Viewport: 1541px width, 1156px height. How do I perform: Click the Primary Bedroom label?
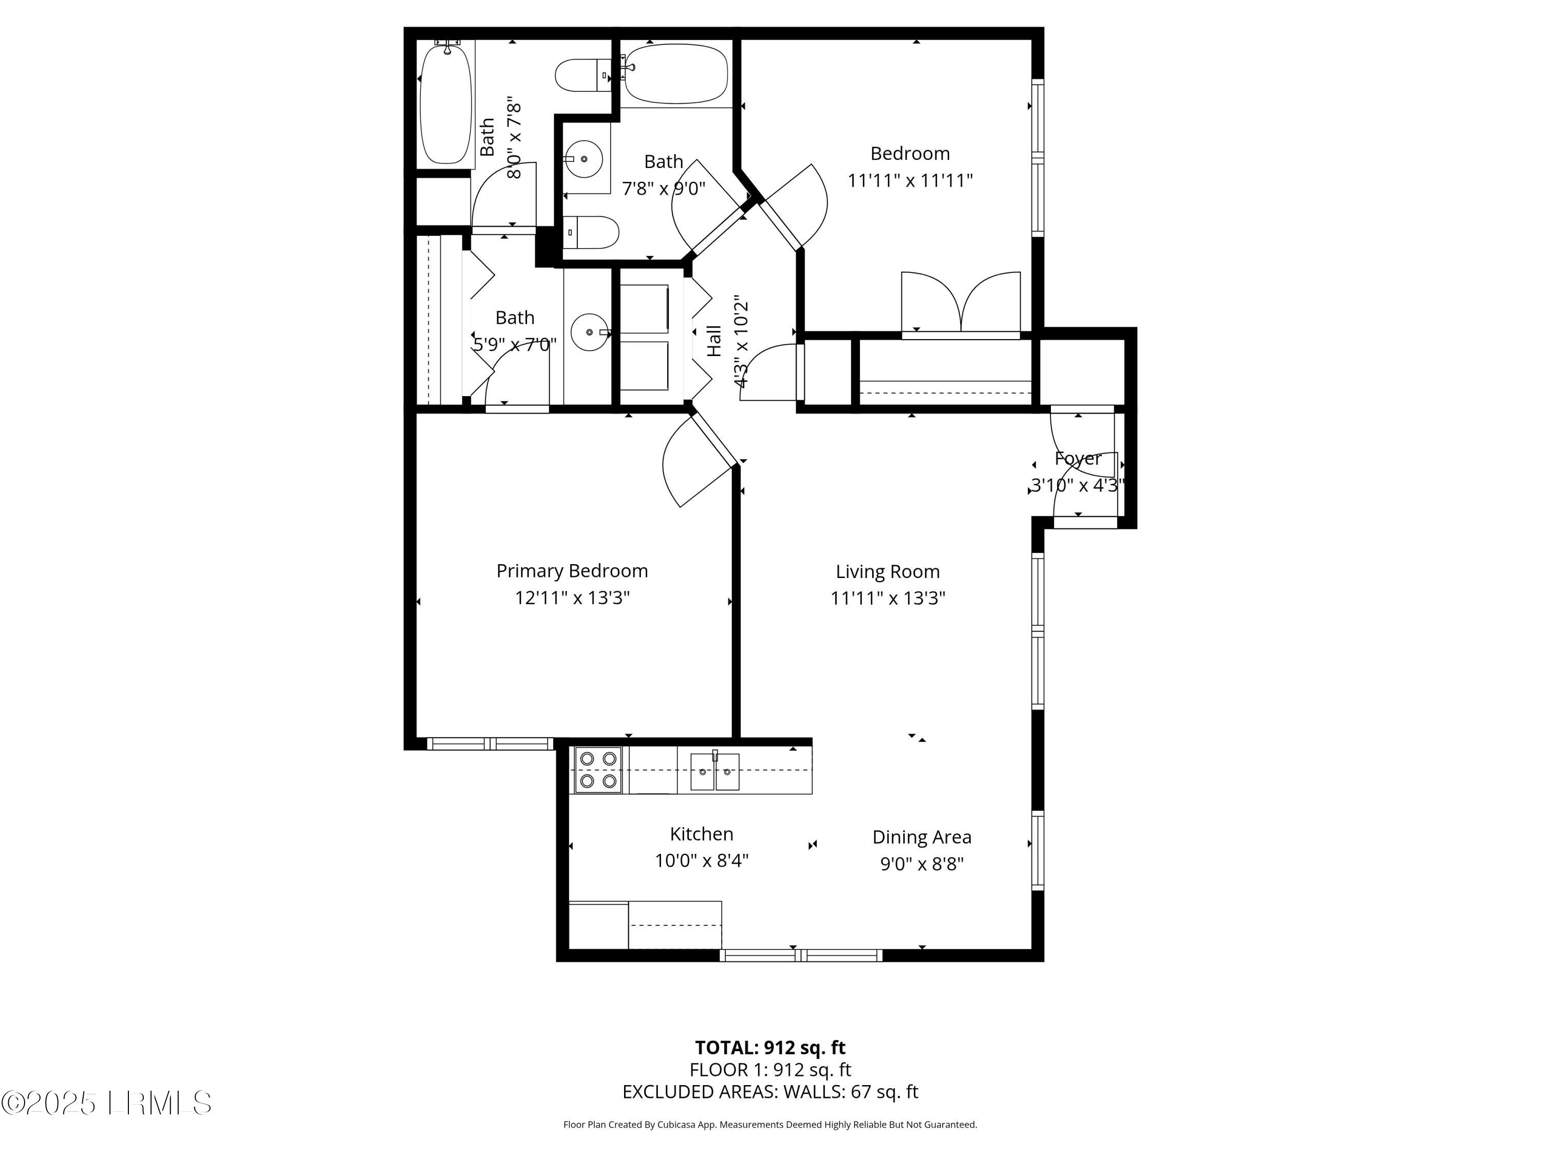[x=572, y=571]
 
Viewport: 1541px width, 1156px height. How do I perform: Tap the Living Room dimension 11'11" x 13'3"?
[x=888, y=598]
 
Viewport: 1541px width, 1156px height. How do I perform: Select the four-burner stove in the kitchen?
[x=598, y=770]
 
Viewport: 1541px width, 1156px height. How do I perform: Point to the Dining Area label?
[x=922, y=837]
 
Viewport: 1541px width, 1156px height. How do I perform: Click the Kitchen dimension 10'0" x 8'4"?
[x=702, y=861]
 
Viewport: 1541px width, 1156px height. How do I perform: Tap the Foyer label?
[x=1078, y=458]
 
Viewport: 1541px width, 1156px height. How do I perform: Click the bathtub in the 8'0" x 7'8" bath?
[x=446, y=103]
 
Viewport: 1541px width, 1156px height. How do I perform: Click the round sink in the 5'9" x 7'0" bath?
[x=589, y=332]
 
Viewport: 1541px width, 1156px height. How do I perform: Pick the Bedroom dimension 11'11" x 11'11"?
[x=910, y=180]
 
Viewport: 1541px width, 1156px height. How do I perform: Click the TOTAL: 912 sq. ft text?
[x=770, y=1047]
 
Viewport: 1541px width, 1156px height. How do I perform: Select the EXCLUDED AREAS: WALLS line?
[x=770, y=1092]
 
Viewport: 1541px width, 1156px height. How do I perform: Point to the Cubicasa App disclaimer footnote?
[x=770, y=1125]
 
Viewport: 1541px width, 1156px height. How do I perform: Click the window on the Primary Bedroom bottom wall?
[x=491, y=744]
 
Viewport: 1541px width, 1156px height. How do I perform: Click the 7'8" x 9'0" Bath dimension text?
[x=663, y=188]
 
